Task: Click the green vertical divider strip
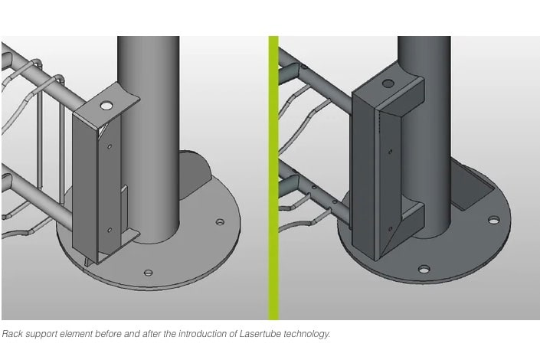coord(273,178)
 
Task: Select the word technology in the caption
coord(307,334)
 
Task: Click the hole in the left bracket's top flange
coord(106,106)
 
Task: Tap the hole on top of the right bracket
coord(388,83)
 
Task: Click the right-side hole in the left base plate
coord(220,221)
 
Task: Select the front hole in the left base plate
coord(148,273)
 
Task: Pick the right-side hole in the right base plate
coord(494,219)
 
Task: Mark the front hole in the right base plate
coord(424,269)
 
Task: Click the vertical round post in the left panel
coord(149,138)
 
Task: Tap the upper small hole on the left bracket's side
coord(110,146)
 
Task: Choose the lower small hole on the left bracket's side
coord(110,230)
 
